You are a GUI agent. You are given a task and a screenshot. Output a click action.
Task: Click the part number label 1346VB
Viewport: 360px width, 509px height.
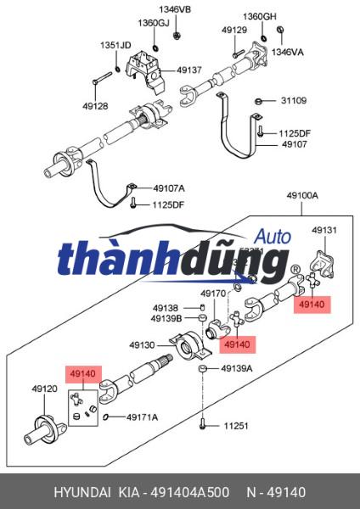[176, 10]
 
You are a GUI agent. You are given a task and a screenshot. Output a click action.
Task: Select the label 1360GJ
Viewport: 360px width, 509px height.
[152, 23]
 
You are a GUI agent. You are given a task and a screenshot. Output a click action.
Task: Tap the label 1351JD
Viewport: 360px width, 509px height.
[115, 45]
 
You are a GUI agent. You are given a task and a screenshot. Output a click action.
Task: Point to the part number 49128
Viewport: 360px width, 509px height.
[95, 106]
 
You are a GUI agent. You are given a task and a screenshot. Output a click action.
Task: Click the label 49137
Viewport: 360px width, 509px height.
[189, 70]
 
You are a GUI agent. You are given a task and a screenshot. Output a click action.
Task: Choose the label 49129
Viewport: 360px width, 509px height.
[234, 30]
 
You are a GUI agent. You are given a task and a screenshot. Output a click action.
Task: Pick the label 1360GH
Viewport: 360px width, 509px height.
[260, 17]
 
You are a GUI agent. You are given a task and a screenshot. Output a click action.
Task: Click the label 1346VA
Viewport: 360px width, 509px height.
[287, 51]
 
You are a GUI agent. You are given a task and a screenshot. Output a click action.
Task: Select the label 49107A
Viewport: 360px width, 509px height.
[169, 188]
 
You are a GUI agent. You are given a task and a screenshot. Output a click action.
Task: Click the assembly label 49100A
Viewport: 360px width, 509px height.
[301, 195]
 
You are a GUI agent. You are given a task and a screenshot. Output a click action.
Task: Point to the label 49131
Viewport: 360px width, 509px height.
[324, 230]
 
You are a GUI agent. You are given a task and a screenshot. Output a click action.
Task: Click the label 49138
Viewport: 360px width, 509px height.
[166, 308]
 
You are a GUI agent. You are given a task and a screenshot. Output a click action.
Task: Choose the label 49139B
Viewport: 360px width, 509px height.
[166, 319]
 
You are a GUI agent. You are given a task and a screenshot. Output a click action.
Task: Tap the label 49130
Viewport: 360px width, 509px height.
[142, 345]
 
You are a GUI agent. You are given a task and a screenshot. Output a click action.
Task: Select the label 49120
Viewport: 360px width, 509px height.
[44, 389]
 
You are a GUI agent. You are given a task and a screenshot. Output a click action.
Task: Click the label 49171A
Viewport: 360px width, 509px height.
[143, 417]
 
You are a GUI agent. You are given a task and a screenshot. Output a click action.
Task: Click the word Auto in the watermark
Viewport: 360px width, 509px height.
[273, 237]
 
